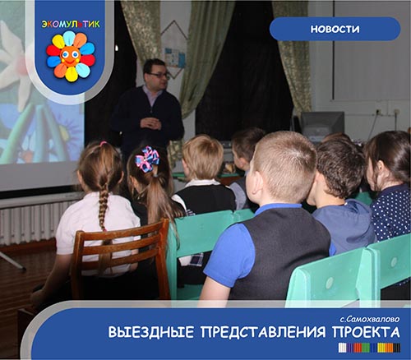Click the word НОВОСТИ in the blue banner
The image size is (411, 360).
[x=335, y=29]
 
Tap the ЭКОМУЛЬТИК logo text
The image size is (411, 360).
[x=71, y=25]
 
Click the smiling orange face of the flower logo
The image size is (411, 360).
[x=70, y=56]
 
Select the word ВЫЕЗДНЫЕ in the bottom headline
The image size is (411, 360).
[x=151, y=332]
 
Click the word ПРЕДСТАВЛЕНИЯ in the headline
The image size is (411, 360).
[x=263, y=332]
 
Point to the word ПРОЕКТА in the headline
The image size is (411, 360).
[x=366, y=332]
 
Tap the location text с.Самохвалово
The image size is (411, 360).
[x=370, y=319]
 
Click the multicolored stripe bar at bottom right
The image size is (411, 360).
[x=369, y=348]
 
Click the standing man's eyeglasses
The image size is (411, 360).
[x=159, y=75]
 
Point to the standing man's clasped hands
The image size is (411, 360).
[x=150, y=123]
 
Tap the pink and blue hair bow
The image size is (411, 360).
[x=147, y=159]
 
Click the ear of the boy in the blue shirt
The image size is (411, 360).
[x=251, y=182]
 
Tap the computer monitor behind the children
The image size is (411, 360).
[x=322, y=126]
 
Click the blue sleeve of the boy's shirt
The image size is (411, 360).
[x=229, y=255]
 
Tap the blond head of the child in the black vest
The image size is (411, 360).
[x=203, y=157]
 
